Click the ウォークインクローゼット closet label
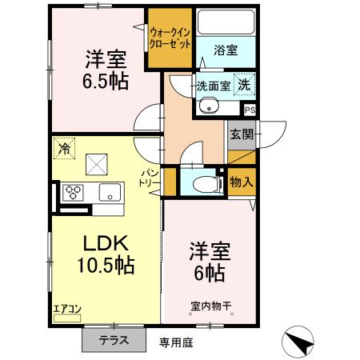[x=170, y=37]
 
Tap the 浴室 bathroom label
[x=225, y=50]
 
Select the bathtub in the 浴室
[x=225, y=24]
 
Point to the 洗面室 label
[x=214, y=86]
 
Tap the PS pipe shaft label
[x=250, y=110]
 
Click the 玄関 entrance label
[x=241, y=135]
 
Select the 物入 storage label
[x=241, y=182]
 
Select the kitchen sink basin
[x=109, y=192]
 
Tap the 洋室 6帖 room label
[x=210, y=261]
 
